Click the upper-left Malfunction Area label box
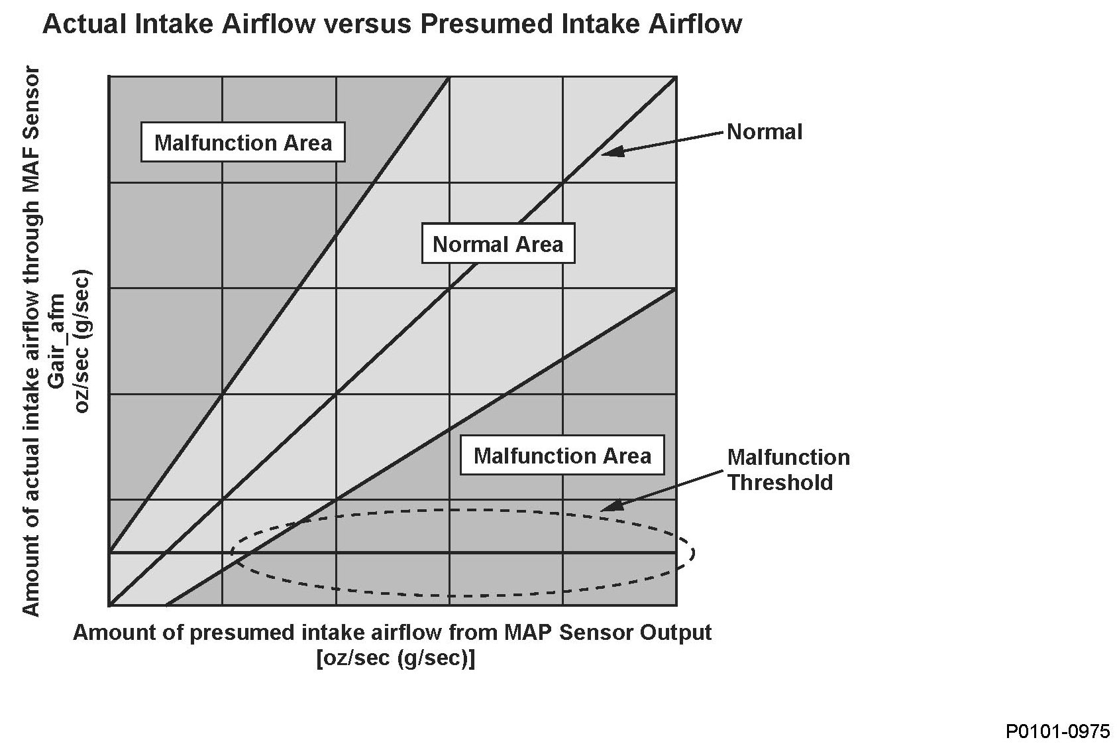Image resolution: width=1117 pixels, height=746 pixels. click(243, 142)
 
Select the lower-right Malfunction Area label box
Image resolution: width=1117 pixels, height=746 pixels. click(562, 455)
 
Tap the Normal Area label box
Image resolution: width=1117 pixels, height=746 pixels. click(498, 243)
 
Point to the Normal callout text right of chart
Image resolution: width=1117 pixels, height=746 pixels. click(765, 132)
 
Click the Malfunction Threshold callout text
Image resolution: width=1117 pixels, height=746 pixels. click(788, 470)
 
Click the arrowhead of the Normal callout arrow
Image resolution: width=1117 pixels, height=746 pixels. click(612, 152)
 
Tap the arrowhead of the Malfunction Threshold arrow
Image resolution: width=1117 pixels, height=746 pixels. click(612, 505)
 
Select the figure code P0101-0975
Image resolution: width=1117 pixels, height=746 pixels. click(1057, 731)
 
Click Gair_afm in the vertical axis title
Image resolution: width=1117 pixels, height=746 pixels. click(57, 342)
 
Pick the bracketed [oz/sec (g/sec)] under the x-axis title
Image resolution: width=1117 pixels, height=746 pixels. click(396, 658)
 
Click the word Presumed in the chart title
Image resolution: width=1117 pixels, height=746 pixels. click(487, 24)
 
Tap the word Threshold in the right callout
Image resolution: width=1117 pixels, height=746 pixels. click(780, 483)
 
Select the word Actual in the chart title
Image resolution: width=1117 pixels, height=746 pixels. click(84, 24)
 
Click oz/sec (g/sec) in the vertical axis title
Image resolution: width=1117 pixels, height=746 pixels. click(81, 342)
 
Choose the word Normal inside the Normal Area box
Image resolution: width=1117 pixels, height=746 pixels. click(471, 244)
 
